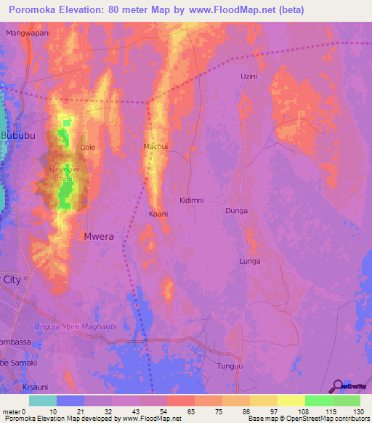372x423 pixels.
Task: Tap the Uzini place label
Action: [x=249, y=76]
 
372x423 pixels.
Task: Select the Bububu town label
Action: [x=17, y=136]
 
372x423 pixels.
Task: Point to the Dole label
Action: [x=88, y=147]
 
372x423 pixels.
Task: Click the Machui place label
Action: [x=156, y=146]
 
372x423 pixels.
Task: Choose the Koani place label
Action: [x=158, y=214]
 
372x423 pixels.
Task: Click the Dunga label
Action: [x=236, y=211]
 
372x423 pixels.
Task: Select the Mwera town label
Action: [x=100, y=236]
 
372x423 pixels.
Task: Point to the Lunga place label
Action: [x=250, y=261]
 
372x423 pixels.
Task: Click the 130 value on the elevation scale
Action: [x=360, y=412]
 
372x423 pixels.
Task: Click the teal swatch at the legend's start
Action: [x=43, y=400]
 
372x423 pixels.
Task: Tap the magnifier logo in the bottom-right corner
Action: [x=338, y=386]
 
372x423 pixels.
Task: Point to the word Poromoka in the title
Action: [x=33, y=10]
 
